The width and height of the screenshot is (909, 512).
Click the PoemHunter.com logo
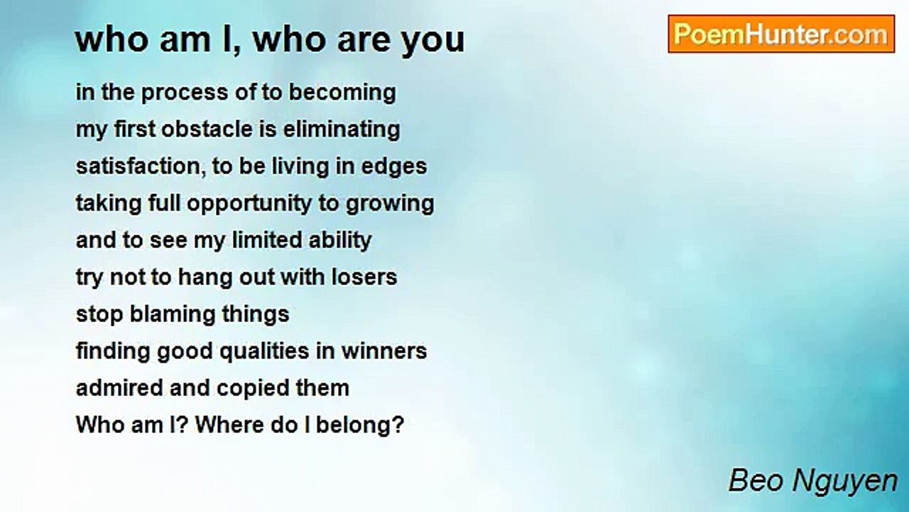[x=781, y=34]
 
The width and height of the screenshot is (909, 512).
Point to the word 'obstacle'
[x=207, y=129]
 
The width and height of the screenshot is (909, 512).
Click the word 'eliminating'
[x=342, y=130]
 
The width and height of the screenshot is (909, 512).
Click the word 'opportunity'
[x=249, y=204]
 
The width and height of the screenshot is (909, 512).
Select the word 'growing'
[x=390, y=204]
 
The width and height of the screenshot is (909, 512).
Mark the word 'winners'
[x=384, y=351]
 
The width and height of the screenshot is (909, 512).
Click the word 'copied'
[x=253, y=389]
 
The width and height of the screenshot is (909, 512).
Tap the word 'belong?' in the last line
[x=360, y=426]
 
